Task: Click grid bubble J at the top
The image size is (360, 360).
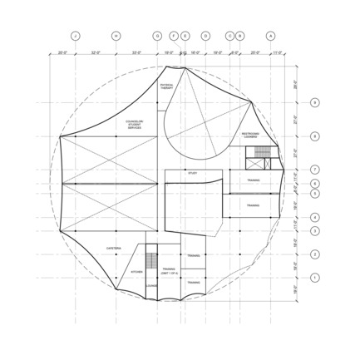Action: pyautogui.click(x=74, y=36)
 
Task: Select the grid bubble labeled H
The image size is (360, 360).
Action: pyautogui.click(x=116, y=36)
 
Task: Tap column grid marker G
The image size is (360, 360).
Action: pyautogui.click(x=157, y=36)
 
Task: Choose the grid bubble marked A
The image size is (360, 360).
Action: pyautogui.click(x=269, y=36)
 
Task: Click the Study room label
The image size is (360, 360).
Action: pyautogui.click(x=192, y=173)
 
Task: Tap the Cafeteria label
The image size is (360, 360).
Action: pyautogui.click(x=115, y=248)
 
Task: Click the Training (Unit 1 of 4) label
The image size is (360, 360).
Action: pyautogui.click(x=170, y=270)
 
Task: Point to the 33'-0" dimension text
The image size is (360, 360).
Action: pyautogui.click(x=137, y=52)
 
